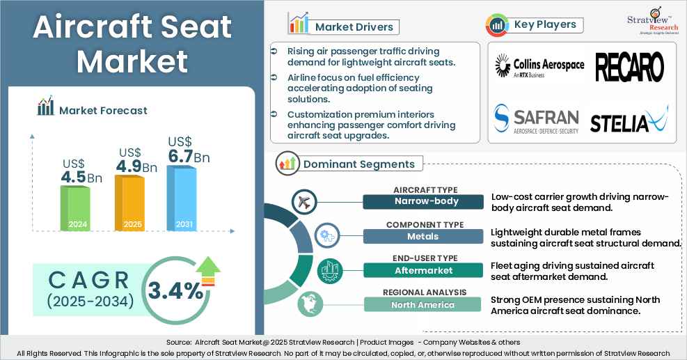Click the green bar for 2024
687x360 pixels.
tap(74, 208)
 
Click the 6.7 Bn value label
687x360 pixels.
tap(188, 157)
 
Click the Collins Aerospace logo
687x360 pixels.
tap(539, 67)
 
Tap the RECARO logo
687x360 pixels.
tap(629, 67)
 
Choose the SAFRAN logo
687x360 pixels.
tap(536, 119)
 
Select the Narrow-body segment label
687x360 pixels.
tap(423, 202)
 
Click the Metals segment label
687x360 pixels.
tap(423, 236)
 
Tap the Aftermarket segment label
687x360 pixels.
tap(423, 269)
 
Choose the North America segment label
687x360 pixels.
tap(423, 304)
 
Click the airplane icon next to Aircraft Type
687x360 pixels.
tap(304, 201)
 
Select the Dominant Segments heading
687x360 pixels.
tap(358, 164)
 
